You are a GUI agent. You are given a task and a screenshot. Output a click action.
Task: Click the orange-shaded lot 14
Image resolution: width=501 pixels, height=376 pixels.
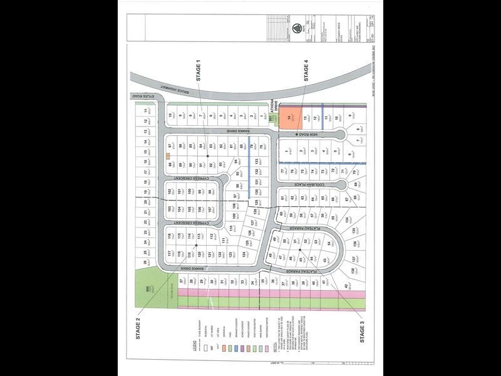[289, 117]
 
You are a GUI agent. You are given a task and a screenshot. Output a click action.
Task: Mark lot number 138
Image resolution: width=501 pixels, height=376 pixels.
[353, 271]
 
